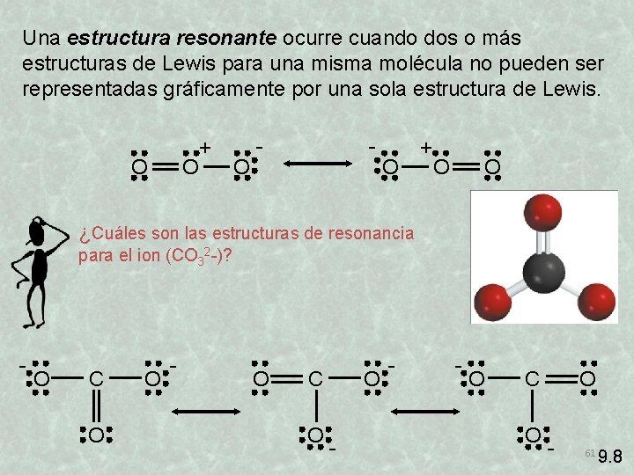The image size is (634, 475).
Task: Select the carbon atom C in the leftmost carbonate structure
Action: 96,379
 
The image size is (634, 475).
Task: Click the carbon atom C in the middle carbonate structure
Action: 315,379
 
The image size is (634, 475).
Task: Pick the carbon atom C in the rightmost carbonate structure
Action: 533,379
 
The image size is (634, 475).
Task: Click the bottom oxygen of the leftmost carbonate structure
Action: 96,434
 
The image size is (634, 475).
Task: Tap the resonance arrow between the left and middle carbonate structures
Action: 203,412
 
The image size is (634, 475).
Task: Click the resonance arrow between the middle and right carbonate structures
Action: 424,412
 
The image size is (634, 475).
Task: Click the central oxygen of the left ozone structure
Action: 189,165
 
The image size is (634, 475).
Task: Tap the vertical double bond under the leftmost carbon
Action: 96,406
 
